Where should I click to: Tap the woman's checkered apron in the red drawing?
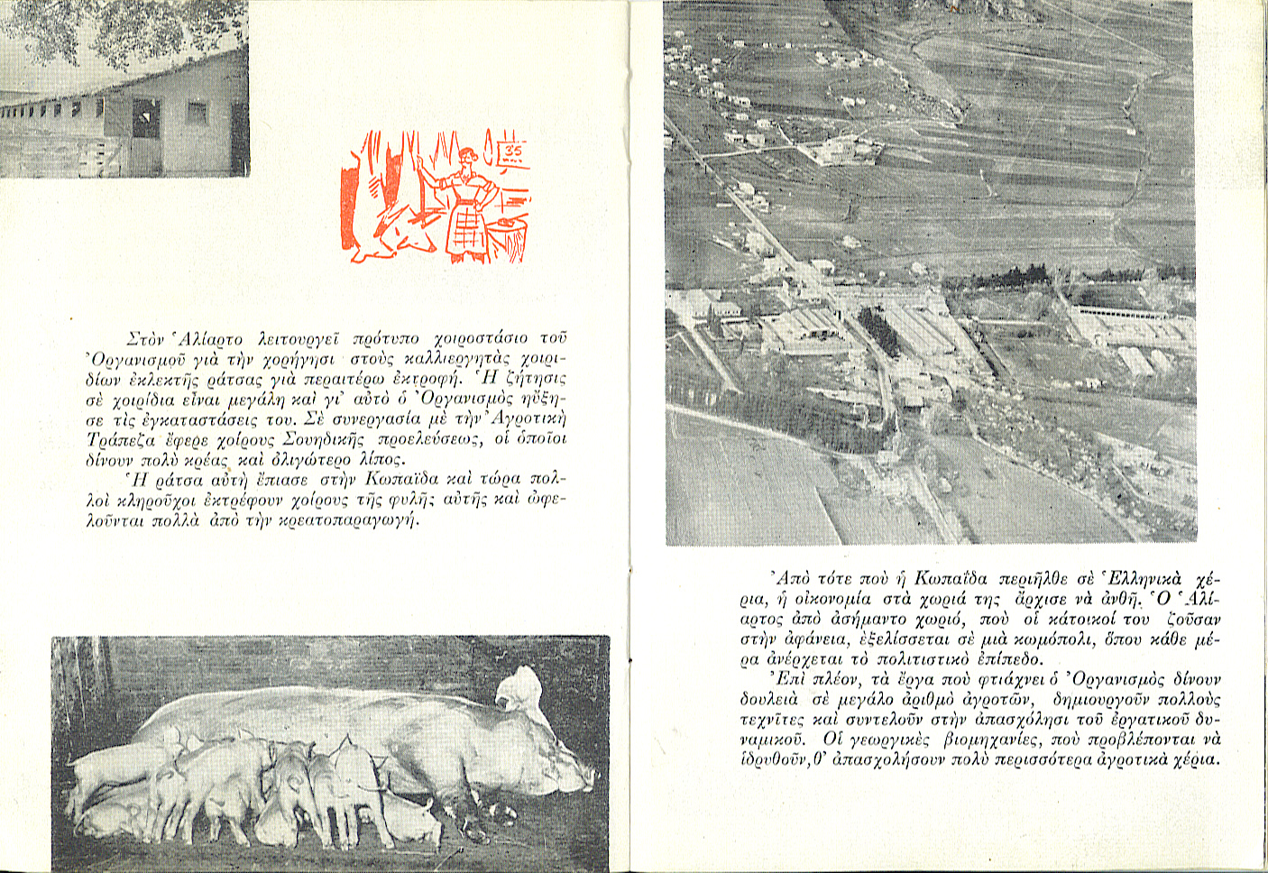coord(465,230)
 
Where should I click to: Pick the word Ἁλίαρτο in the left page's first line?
coord(211,339)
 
